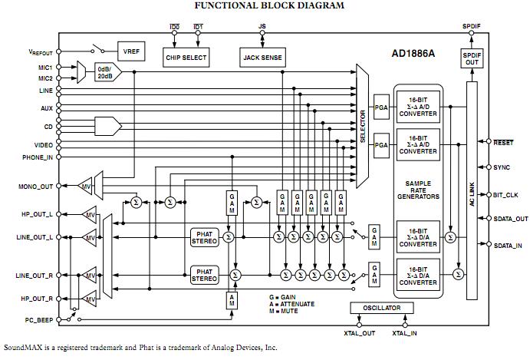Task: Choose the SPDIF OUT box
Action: (472, 58)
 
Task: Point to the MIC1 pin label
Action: (42, 66)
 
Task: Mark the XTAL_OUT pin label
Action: (360, 333)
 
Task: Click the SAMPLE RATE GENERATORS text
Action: (417, 191)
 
